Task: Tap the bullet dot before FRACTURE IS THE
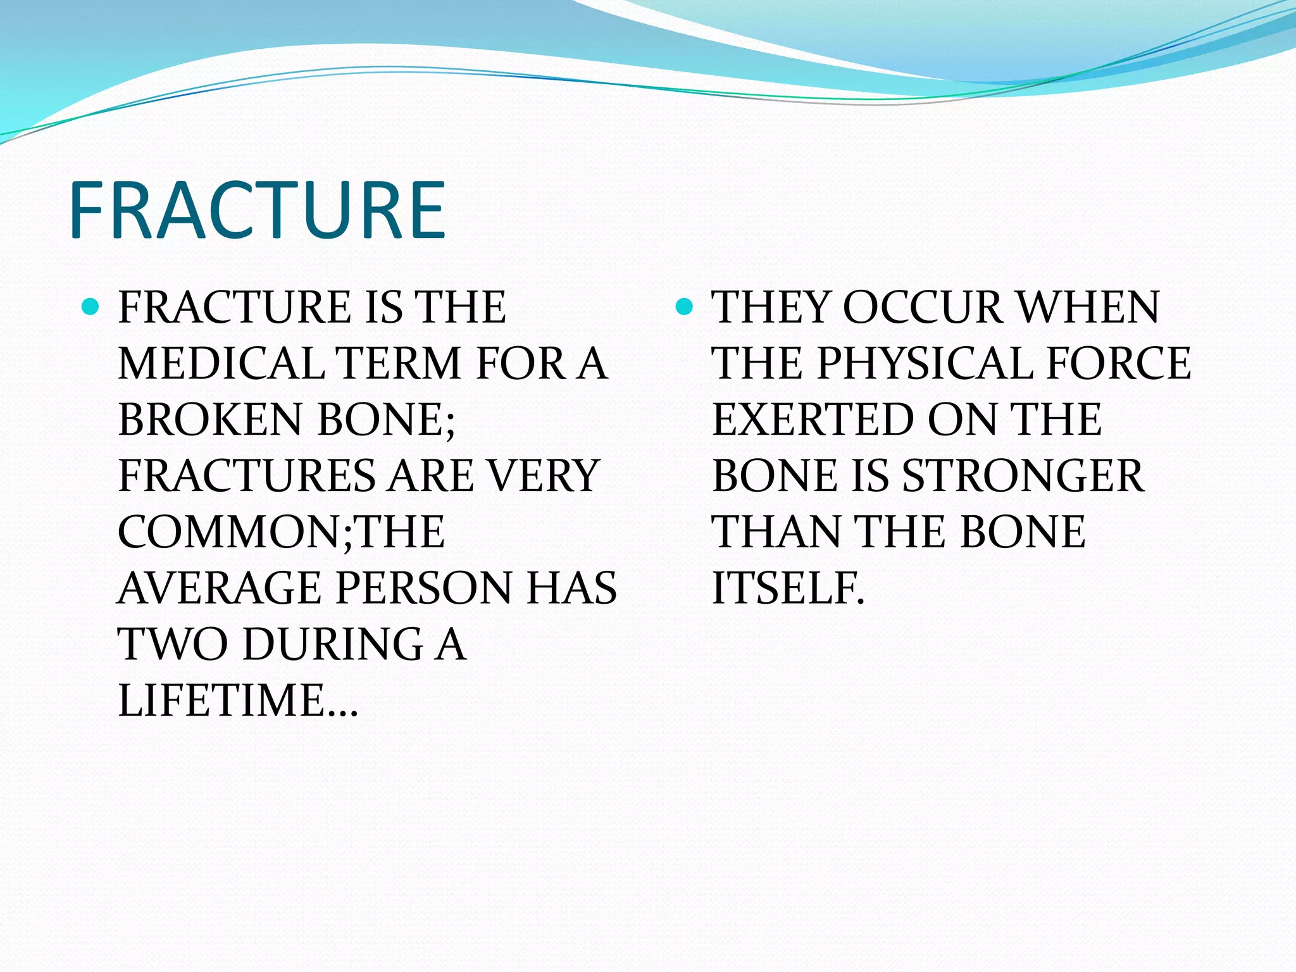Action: (91, 308)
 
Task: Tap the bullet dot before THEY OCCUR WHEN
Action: (684, 308)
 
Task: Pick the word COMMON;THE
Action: (281, 532)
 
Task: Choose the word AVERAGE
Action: (219, 589)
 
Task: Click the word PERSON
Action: (423, 589)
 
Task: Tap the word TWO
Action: (173, 645)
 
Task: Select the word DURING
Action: (333, 645)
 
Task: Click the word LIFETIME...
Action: (221, 701)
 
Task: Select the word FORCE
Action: (1119, 364)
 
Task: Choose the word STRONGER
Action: (1023, 476)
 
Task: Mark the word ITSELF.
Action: (787, 589)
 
